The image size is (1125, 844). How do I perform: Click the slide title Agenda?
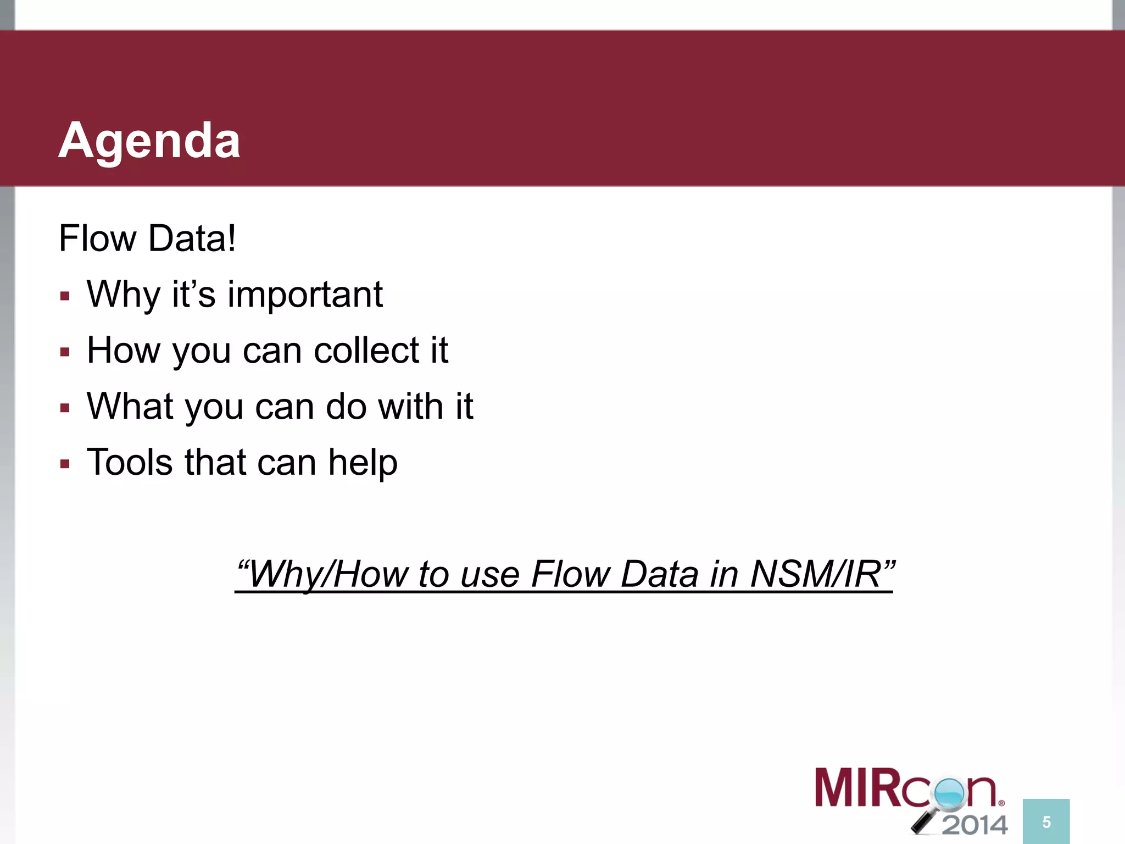click(x=149, y=141)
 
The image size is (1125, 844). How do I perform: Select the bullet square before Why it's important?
click(x=65, y=297)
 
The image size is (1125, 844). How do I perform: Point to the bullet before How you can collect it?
click(x=65, y=352)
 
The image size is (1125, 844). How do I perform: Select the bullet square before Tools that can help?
click(x=65, y=464)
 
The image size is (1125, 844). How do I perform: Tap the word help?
click(x=363, y=462)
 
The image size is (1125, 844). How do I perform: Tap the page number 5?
click(x=1046, y=822)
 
